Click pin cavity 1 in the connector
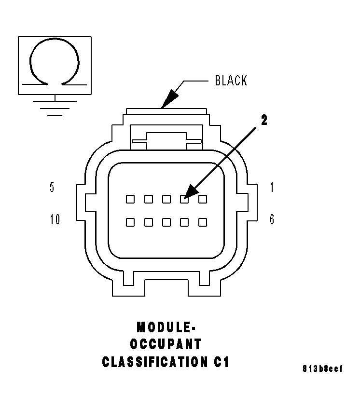[x=203, y=199]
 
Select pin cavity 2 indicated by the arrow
[x=184, y=199]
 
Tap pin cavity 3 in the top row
[x=166, y=199]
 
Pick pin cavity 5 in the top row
[x=130, y=199]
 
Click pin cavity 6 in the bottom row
[x=203, y=222]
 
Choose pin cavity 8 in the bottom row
[x=166, y=222]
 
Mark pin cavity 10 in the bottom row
[x=130, y=222]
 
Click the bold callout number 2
[x=263, y=121]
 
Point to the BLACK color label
[x=231, y=81]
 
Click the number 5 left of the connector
[x=52, y=188]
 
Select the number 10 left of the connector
[x=55, y=220]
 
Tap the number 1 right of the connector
[x=272, y=188]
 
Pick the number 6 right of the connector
[x=272, y=220]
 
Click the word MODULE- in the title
[x=166, y=327]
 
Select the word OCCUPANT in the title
[x=166, y=345]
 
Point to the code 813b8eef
[x=322, y=369]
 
